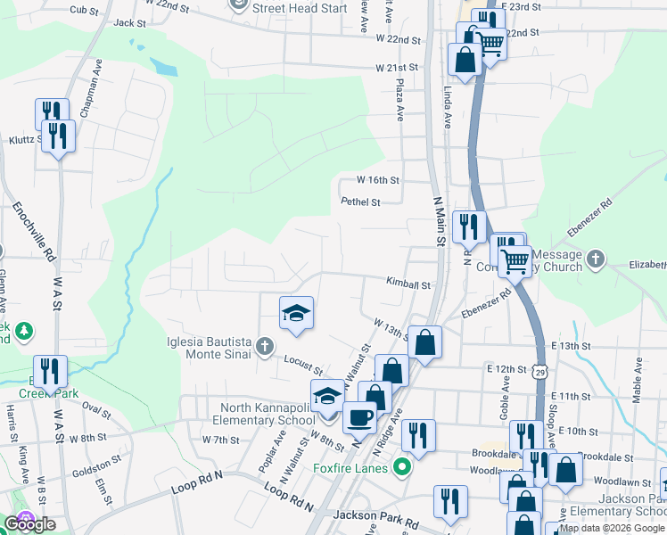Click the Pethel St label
pyautogui.click(x=360, y=202)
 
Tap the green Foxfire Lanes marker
pyautogui.click(x=401, y=466)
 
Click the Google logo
pyautogui.click(x=29, y=523)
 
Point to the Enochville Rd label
pyautogui.click(x=31, y=232)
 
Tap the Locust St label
pyautogui.click(x=302, y=361)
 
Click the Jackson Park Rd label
pyautogui.click(x=375, y=516)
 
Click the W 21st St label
pyautogui.click(x=397, y=68)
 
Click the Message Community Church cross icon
pyautogui.click(x=595, y=259)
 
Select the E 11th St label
pyautogui.click(x=572, y=396)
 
